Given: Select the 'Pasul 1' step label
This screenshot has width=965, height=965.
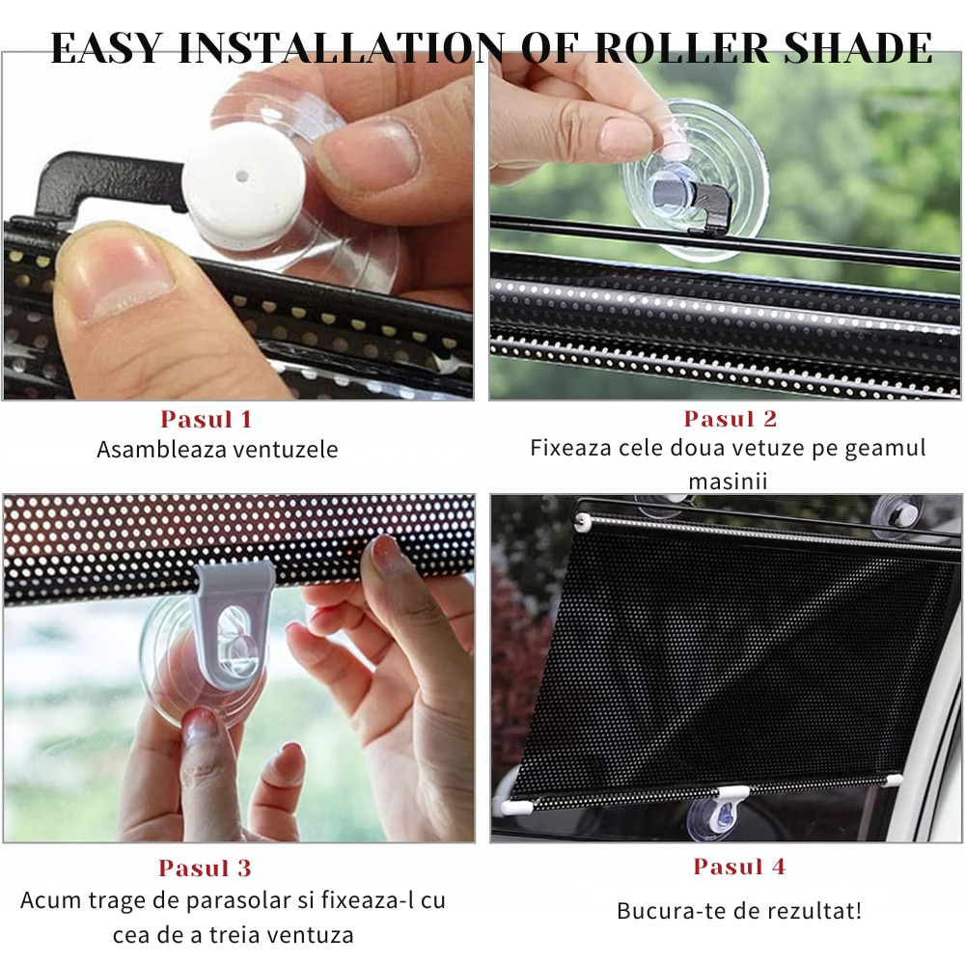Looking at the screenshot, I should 206,420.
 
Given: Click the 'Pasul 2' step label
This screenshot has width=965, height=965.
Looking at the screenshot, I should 731,419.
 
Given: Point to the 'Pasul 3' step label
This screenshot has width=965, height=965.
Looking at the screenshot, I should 205,868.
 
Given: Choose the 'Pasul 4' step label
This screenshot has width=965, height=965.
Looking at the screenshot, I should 739,867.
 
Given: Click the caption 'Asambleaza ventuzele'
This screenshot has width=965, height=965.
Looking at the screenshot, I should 217,450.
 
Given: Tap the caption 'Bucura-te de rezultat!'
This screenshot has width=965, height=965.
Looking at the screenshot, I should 739,910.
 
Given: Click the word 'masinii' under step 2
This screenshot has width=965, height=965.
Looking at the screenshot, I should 728,480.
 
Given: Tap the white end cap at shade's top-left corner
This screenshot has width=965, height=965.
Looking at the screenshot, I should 582,522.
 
